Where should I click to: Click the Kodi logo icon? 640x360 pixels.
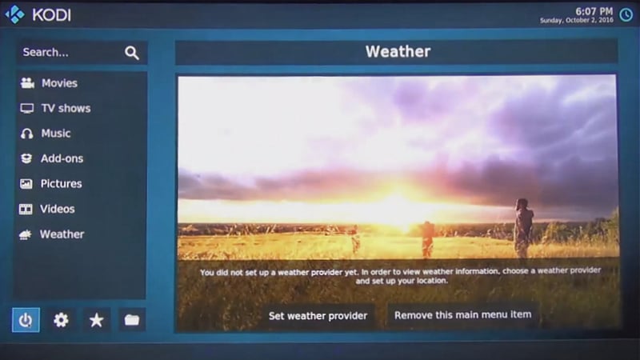[14, 14]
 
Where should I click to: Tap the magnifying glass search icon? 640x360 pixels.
[132, 53]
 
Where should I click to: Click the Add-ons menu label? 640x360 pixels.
[62, 158]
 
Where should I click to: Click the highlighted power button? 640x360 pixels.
[26, 320]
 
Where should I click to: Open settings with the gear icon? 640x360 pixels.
[61, 320]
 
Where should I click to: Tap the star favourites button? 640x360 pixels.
[96, 320]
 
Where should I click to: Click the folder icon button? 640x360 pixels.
[132, 320]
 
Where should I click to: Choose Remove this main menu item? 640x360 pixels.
[463, 314]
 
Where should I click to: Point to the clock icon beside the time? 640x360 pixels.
[626, 15]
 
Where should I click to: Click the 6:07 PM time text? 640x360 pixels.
[594, 11]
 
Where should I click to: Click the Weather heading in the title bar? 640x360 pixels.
[398, 51]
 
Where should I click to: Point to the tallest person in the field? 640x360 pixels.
[523, 228]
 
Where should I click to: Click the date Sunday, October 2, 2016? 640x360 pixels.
[576, 20]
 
